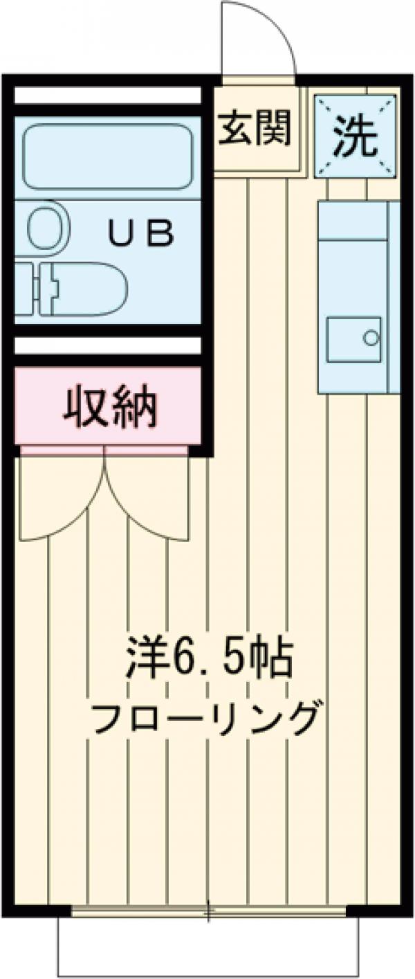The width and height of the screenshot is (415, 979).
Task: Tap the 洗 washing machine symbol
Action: (x=355, y=135)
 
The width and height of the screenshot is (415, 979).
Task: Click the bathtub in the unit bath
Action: (x=107, y=156)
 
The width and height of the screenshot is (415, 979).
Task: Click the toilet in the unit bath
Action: (x=76, y=287)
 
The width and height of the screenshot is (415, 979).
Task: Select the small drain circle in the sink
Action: (x=371, y=339)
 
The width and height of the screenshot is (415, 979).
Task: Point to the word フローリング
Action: (x=207, y=718)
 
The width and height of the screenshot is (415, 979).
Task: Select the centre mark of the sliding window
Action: (x=208, y=910)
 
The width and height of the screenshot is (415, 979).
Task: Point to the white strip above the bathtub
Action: (x=107, y=96)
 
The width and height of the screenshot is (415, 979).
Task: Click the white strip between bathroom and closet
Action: (x=107, y=345)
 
